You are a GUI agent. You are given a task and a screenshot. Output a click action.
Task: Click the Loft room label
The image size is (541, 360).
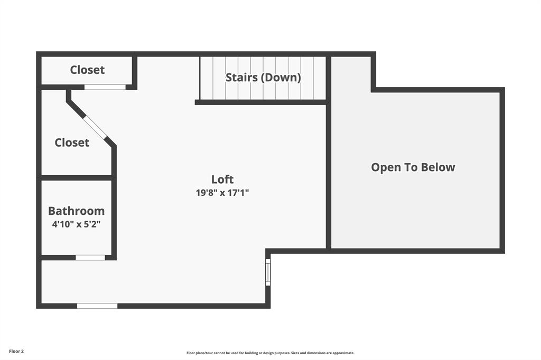point(222,179)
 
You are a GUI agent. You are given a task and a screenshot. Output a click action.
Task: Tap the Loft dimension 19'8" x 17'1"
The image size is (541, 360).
point(222,193)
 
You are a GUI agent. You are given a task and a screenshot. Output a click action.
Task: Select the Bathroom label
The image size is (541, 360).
point(76,211)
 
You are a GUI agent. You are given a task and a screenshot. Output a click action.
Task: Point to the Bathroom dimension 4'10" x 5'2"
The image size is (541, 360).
point(76,224)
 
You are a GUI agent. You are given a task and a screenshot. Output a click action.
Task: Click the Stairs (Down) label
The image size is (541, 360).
point(263,78)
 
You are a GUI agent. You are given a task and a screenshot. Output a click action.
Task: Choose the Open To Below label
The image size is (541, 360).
point(413,167)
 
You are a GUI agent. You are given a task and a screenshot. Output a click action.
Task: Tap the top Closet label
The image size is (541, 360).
point(87,70)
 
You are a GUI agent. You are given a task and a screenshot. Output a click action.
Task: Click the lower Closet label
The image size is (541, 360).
point(72,143)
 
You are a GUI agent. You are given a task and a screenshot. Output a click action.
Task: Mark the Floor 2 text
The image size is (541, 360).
point(16,351)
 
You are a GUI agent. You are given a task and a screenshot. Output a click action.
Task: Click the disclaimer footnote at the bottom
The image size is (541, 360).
point(270,353)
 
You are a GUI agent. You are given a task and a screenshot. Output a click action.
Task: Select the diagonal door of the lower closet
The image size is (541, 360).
point(96,127)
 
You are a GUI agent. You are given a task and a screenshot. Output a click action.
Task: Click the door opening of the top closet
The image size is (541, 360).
point(105,87)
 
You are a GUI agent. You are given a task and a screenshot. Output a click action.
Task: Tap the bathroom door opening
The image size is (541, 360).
point(90,258)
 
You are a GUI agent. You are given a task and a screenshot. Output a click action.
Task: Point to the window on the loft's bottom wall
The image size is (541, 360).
point(97,306)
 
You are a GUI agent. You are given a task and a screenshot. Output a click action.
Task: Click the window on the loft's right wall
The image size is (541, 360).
point(268,272)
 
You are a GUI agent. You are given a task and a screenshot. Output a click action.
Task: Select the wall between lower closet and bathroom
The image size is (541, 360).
point(77,178)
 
